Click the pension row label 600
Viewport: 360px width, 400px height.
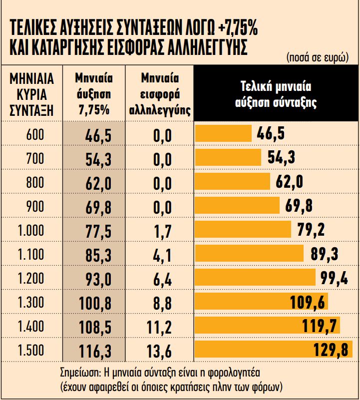pos(35,135)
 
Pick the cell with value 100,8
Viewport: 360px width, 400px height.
pos(94,304)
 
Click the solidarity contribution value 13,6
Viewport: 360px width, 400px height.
pos(160,352)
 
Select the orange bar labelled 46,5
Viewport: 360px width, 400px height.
pos(223,134)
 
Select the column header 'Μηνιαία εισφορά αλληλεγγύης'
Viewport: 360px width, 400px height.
pos(159,94)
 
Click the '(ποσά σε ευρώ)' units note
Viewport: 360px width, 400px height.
pos(318,56)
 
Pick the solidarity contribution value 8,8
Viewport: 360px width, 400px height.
pos(160,304)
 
